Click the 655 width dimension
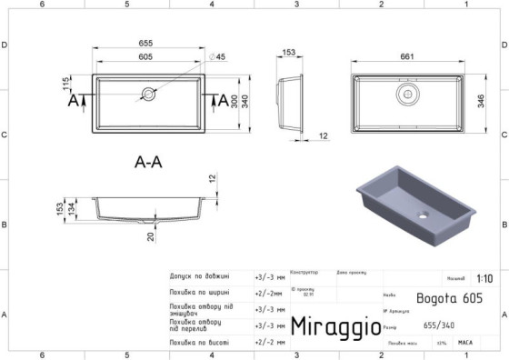pyautogui.click(x=145, y=44)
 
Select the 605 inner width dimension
pyautogui.click(x=145, y=57)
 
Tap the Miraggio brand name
pyautogui.click(x=334, y=326)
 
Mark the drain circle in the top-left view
pyautogui.click(x=148, y=95)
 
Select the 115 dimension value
pyautogui.click(x=67, y=84)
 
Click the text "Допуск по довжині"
pyautogui.click(x=199, y=276)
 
